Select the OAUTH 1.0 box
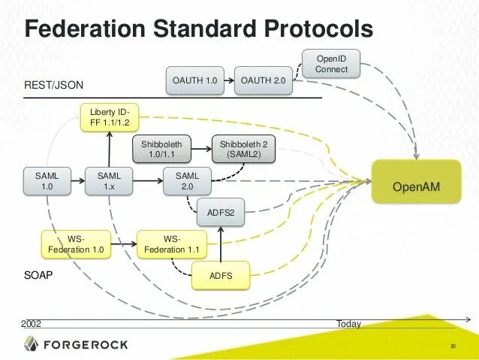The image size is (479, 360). tap(194, 80)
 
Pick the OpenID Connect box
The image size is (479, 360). tap(331, 64)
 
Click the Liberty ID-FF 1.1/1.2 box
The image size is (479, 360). tap(110, 116)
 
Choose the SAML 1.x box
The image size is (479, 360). tap(110, 181)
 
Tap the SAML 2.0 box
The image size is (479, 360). tap(187, 181)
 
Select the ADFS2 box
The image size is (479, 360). tap(221, 213)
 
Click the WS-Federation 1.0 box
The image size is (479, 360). tap(76, 244)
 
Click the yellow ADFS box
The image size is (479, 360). tap(221, 277)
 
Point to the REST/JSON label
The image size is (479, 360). tap(53, 85)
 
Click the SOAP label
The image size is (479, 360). tap(38, 276)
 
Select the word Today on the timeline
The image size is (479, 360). tap(348, 324)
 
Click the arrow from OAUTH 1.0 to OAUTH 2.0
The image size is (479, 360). tap(229, 80)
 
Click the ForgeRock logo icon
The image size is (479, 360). tap(31, 344)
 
